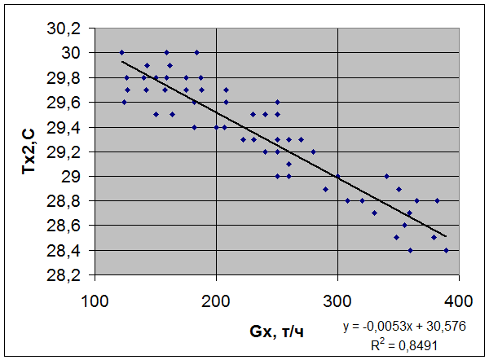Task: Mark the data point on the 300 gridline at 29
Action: pyautogui.click(x=337, y=176)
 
